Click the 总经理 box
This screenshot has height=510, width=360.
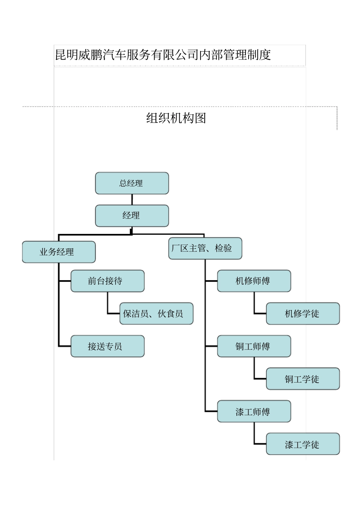[x=132, y=183]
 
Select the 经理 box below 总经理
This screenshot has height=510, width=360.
[x=132, y=216]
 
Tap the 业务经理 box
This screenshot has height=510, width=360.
[x=59, y=252]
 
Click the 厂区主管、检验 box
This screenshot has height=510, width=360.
[x=205, y=248]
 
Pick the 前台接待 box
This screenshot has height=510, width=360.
[x=108, y=281]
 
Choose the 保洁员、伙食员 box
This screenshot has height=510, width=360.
[x=156, y=314]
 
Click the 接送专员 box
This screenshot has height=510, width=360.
[x=108, y=346]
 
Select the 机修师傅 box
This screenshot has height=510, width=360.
[x=254, y=281]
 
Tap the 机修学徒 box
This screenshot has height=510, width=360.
[x=303, y=314]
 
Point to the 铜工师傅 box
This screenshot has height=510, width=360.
[x=254, y=346]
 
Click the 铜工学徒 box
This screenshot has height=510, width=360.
[x=303, y=379]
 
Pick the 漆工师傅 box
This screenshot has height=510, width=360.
[x=254, y=411]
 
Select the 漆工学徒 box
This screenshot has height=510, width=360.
[x=303, y=444]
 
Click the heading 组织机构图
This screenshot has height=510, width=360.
[x=176, y=118]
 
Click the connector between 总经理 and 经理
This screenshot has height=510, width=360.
[x=132, y=199]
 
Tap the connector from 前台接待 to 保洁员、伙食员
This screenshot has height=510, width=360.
[x=108, y=303]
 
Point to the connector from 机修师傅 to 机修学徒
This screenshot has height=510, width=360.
[x=255, y=303]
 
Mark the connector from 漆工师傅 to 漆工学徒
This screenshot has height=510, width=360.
[x=255, y=434]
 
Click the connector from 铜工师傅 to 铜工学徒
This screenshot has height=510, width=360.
[x=255, y=369]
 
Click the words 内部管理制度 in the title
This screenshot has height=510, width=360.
[x=235, y=55]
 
